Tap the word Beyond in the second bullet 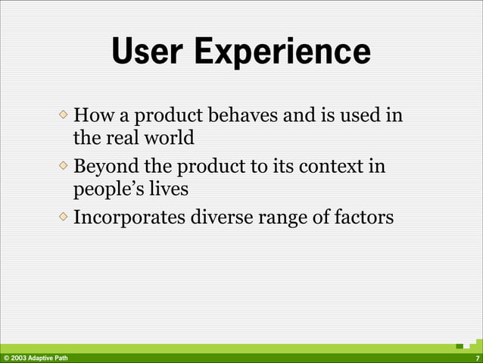[x=106, y=166]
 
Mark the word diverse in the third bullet [x=220, y=217]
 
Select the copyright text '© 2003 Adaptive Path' [x=35, y=358]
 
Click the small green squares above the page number [x=469, y=345]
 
